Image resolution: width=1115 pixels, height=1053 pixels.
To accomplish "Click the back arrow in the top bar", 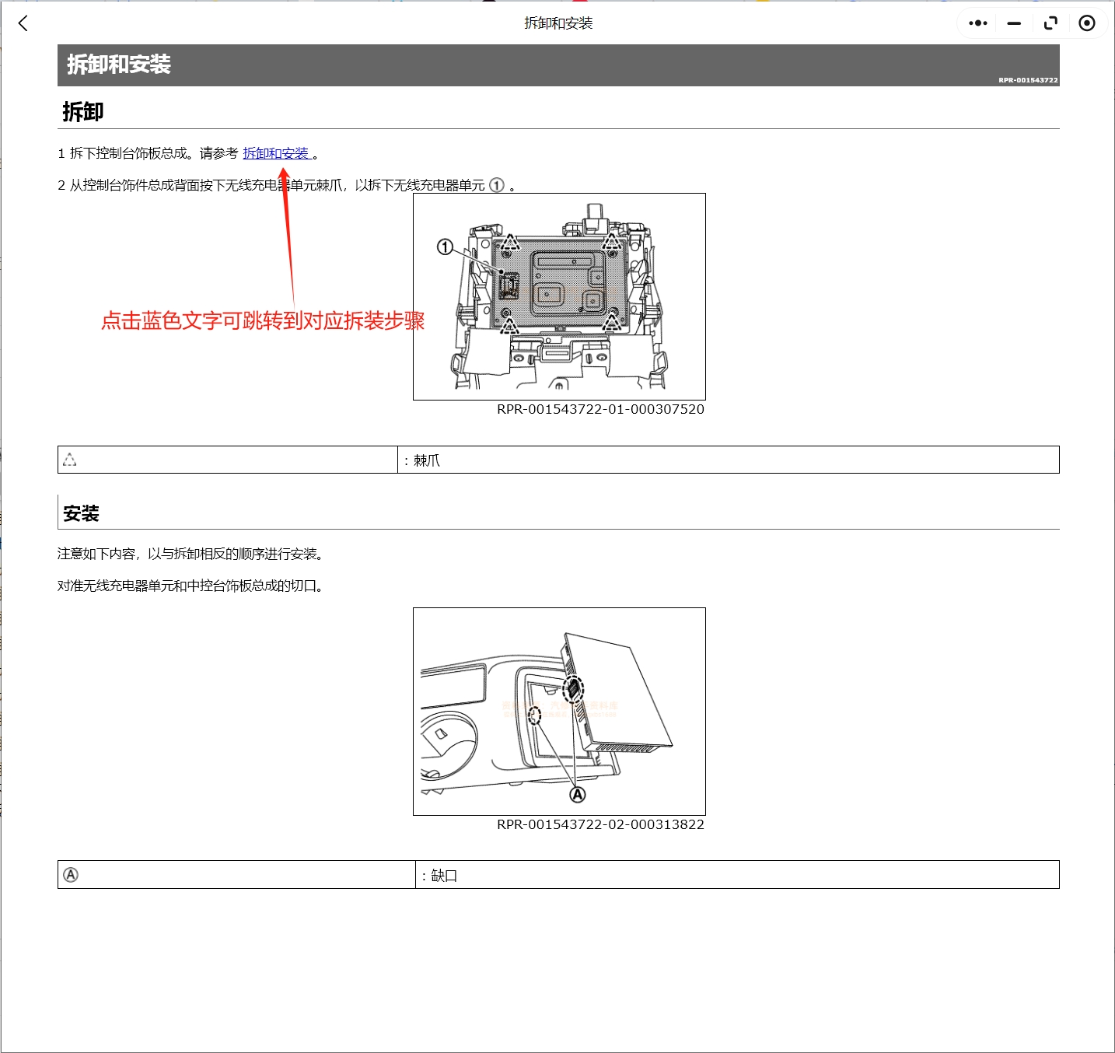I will coord(23,23).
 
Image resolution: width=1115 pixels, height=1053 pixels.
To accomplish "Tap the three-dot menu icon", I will coord(978,23).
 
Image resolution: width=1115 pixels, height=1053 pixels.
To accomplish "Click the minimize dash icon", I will coord(1014,23).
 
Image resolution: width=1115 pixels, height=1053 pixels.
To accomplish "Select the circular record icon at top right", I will coord(1087,23).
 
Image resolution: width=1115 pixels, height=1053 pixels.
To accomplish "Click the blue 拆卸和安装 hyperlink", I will coord(276,153).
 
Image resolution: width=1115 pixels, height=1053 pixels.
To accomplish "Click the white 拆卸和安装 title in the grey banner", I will coord(119,65).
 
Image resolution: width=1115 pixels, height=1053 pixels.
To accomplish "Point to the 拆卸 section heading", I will coord(83,112).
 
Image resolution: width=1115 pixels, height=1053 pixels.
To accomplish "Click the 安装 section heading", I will coord(82,513).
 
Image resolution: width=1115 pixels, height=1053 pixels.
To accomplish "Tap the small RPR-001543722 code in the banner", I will coord(1028,80).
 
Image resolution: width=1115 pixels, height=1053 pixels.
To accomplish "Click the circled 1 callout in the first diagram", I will coord(445,247).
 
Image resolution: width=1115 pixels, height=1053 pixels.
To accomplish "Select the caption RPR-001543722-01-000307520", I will coord(600,409).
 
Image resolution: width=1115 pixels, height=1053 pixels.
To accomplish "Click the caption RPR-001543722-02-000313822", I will coord(600,824).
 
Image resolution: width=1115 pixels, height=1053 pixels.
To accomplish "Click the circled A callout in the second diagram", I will coord(578,795).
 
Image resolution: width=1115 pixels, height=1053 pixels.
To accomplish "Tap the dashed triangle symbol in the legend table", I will coord(70,460).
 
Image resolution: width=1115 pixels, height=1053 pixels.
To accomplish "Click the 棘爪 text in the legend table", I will coord(426,460).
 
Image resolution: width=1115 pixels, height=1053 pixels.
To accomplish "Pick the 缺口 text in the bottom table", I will coord(444,876).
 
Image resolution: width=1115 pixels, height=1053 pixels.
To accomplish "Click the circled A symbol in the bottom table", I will coord(71,875).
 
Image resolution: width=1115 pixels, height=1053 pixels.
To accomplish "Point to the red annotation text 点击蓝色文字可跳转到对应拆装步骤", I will coord(263,320).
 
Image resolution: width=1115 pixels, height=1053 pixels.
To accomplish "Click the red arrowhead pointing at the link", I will coord(285,174).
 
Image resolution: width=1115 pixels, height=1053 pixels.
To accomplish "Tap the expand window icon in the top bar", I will coord(1050,23).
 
